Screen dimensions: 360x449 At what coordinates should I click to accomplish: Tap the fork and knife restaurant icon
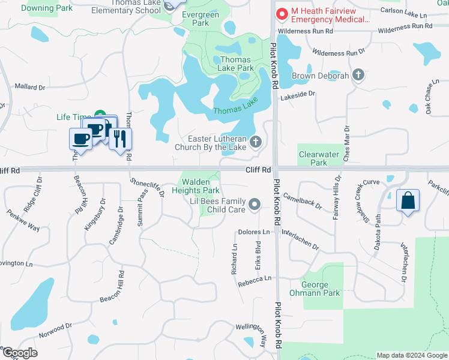click(x=120, y=139)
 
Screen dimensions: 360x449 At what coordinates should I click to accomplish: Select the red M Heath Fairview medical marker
click(x=280, y=14)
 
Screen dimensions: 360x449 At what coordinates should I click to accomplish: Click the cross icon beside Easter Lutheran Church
click(x=256, y=142)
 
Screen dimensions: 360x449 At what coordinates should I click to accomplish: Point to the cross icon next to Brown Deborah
click(x=358, y=75)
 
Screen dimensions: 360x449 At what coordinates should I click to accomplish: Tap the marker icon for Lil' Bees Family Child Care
click(x=255, y=205)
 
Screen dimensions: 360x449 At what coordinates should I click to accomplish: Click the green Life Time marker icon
click(x=101, y=116)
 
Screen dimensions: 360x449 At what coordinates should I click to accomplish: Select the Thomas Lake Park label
click(x=237, y=64)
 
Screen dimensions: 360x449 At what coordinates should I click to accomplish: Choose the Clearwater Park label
click(x=319, y=158)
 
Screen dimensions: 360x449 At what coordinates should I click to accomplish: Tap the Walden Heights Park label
click(x=196, y=185)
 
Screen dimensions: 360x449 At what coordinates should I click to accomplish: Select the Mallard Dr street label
click(x=30, y=87)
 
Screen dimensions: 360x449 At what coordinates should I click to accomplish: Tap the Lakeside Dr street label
click(x=298, y=94)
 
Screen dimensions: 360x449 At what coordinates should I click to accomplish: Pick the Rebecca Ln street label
click(x=255, y=280)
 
